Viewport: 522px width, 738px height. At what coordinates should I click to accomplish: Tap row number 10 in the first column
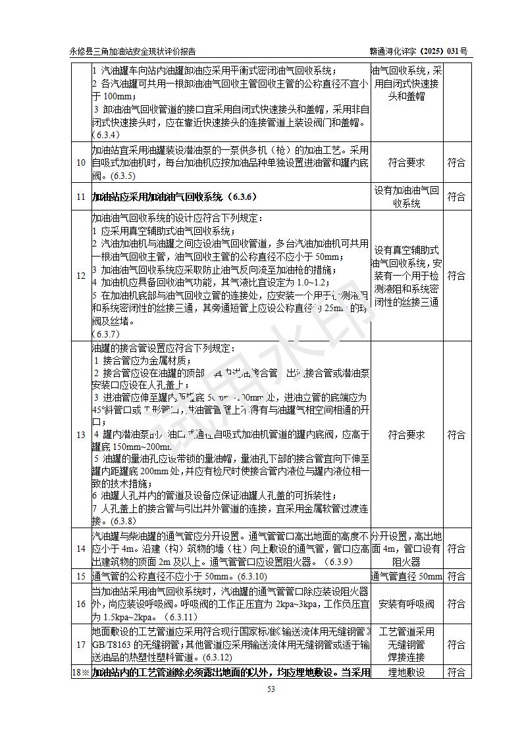[80, 162]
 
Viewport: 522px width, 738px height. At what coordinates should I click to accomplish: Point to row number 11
[80, 197]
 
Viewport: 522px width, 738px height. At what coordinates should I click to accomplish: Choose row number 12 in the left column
[80, 276]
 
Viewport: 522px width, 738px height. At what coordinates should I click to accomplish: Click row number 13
[80, 435]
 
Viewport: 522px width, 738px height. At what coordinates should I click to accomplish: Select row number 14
[80, 549]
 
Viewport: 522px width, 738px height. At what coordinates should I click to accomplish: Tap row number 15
[80, 577]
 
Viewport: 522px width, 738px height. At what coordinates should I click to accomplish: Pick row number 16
[80, 604]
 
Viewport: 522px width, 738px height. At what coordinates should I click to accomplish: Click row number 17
[80, 645]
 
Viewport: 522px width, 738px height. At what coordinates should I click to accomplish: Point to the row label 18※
[80, 672]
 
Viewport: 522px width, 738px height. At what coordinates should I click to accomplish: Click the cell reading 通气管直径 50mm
[406, 577]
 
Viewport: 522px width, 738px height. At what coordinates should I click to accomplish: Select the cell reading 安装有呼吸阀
[406, 604]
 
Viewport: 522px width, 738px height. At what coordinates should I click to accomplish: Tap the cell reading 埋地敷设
[406, 672]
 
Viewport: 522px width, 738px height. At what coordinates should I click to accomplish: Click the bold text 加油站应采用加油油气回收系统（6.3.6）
[174, 197]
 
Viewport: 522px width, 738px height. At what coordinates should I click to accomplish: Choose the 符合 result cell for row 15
[456, 577]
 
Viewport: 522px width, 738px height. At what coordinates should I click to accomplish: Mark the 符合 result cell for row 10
[456, 162]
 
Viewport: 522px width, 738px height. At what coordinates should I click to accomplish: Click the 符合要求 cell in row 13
[406, 435]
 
